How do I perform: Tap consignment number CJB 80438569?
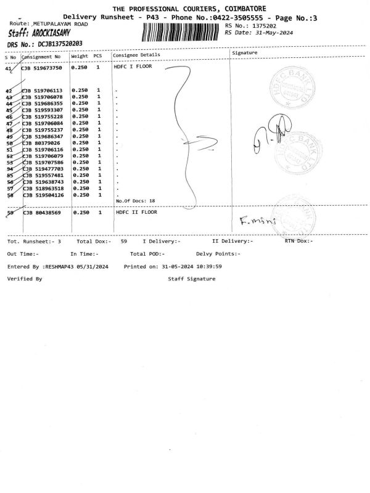(41, 213)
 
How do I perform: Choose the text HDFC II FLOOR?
(137, 212)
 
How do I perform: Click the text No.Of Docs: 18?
(135, 200)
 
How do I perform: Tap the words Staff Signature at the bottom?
(192, 279)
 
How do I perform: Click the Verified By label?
(25, 279)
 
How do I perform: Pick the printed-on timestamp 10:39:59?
(210, 266)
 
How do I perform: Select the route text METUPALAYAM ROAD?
(60, 22)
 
